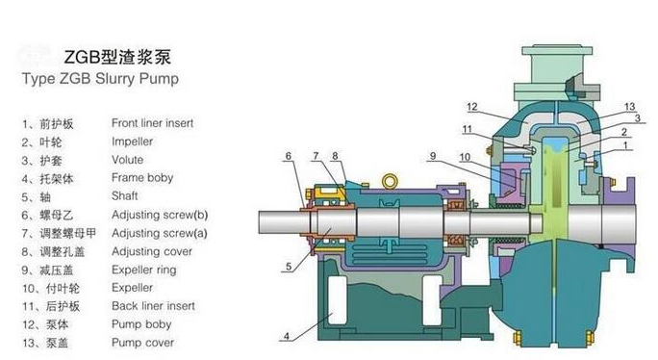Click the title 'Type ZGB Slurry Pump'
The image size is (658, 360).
point(100,78)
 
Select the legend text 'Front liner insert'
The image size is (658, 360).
point(153,124)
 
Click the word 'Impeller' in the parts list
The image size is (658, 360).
point(133,141)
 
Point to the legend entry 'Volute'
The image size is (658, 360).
point(128,160)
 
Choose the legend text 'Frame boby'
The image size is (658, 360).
point(142,178)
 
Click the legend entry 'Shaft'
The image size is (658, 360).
point(125,196)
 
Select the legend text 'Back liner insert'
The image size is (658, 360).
point(153,306)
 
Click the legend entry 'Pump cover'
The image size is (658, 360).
point(141,343)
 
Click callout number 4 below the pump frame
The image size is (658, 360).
point(286,336)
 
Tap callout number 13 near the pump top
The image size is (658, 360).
point(630,106)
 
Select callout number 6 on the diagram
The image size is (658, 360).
point(288,156)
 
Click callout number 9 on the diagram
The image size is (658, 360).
point(433,156)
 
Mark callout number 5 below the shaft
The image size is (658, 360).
point(288,266)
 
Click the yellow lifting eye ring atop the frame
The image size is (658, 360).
point(390,180)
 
